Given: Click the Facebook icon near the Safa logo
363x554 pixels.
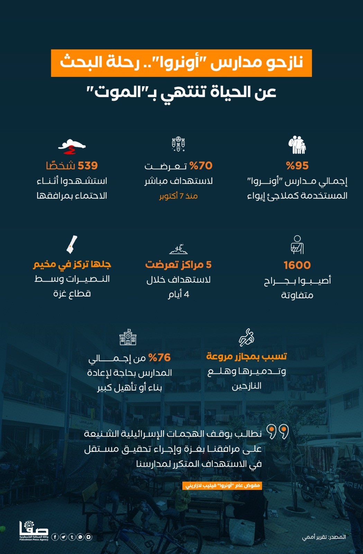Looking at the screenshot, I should tap(55, 537).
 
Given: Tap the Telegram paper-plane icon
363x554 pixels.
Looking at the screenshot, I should tap(63, 537).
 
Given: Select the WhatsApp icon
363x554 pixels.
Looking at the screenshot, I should tap(80, 537).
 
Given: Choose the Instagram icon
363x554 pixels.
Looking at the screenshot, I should tap(89, 537).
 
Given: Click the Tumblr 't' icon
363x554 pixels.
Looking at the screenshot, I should tap(72, 537).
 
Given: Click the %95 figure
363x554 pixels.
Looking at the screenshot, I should tap(297, 166).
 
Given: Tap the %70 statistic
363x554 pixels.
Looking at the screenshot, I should tap(201, 166).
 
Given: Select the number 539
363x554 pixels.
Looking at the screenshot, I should tap(88, 166).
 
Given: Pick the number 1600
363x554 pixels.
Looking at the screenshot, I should tap(297, 265).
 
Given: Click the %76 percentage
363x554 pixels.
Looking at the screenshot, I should tap(160, 357).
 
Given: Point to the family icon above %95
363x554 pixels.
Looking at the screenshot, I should tap(297, 145).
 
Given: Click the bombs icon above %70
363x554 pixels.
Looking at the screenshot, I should tap(179, 144).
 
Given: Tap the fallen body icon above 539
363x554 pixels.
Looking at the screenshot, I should tap(72, 146).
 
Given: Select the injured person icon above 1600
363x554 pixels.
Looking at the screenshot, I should tap(297, 244).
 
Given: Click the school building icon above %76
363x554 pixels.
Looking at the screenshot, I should tap(128, 337).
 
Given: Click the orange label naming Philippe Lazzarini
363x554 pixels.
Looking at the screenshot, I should tap(222, 485).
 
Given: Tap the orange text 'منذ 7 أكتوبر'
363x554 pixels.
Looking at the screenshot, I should tap(179, 196).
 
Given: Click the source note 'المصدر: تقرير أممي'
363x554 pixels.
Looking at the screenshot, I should tap(324, 537).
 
